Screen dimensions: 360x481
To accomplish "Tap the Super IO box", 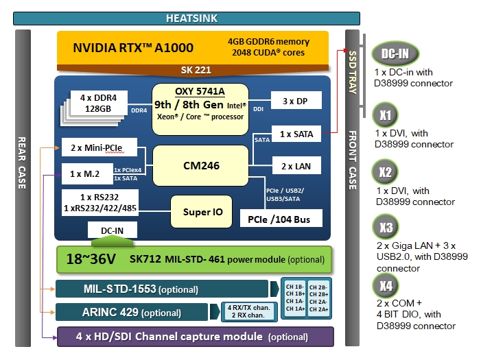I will tap(202, 212).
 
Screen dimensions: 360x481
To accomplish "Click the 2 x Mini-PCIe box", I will tap(99, 147).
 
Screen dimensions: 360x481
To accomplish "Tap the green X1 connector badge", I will tap(386, 115).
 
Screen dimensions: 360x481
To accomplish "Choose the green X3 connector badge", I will tap(386, 227).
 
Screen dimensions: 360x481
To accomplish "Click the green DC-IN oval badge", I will tap(395, 54).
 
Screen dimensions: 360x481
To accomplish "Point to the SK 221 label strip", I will tap(195, 70).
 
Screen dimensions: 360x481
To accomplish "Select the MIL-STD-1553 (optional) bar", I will tap(162, 289).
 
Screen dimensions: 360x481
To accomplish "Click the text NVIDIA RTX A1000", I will tap(133, 48).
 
